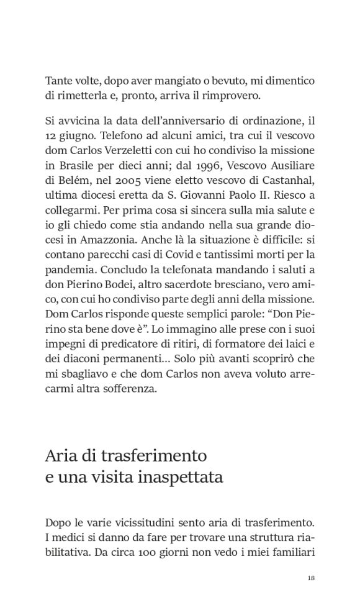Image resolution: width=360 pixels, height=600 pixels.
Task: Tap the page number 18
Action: [x=311, y=578]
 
